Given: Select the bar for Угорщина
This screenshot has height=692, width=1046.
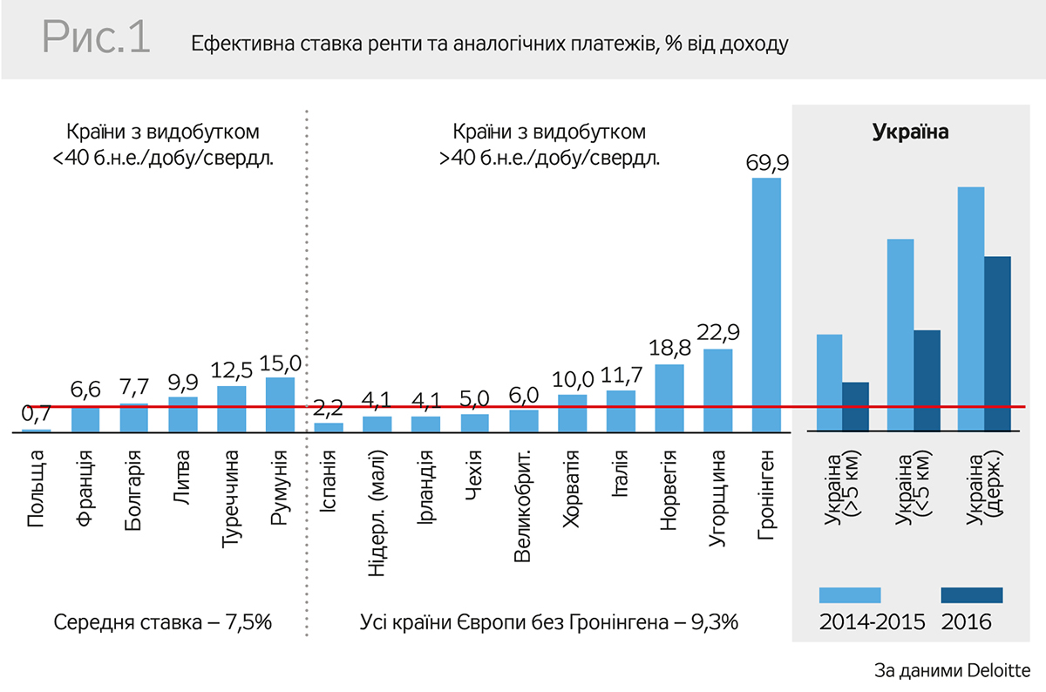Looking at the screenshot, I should [717, 390].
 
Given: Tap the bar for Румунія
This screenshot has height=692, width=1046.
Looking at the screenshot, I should [280, 404].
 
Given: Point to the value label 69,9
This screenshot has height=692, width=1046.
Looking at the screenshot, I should [766, 163].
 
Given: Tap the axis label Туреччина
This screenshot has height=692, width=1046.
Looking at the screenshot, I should [231, 499].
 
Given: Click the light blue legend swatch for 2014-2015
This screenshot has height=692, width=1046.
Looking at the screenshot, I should [850, 595].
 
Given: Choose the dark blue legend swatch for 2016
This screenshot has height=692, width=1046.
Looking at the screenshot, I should [972, 595].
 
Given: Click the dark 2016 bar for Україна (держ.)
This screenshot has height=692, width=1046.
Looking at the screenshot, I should [997, 343].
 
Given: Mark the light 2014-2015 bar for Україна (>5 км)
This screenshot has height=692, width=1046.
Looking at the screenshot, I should [829, 383].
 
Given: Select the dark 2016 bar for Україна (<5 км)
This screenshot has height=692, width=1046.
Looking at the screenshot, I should [927, 380].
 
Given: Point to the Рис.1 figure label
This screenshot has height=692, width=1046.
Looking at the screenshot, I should [95, 39].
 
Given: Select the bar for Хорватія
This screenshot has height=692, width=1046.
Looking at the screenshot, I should [572, 413].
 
